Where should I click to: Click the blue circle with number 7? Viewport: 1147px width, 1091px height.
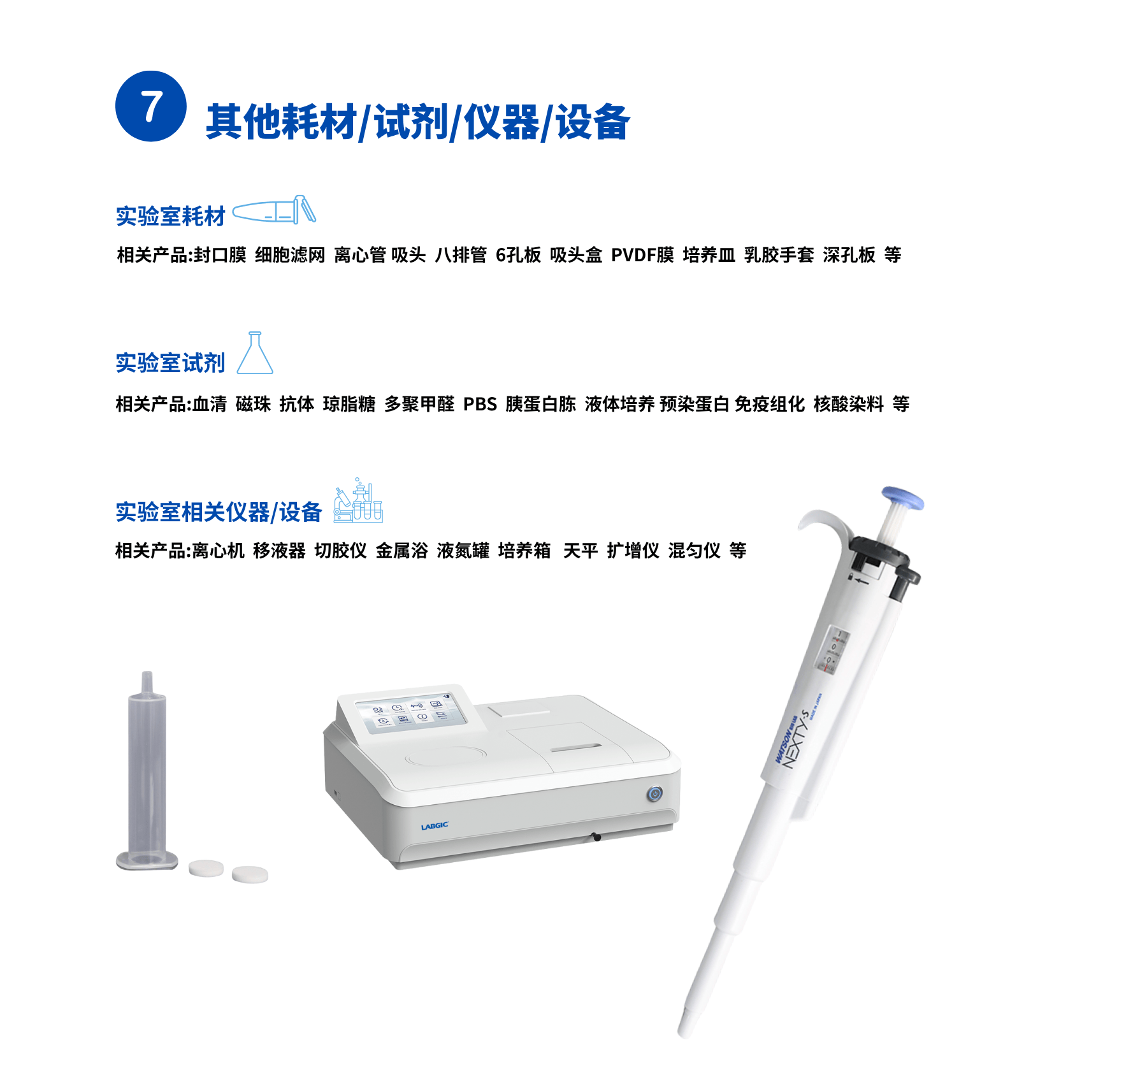(x=150, y=106)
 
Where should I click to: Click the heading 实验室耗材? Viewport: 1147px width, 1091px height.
(x=170, y=217)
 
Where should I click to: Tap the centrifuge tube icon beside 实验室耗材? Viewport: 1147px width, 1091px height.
(x=274, y=210)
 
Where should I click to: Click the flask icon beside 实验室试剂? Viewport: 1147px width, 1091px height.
(x=255, y=354)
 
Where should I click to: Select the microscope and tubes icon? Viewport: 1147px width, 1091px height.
(x=358, y=502)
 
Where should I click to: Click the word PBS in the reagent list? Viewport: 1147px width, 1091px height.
(x=479, y=404)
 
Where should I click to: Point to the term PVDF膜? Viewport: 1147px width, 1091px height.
(x=642, y=255)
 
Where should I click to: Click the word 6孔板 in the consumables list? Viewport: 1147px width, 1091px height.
(x=518, y=255)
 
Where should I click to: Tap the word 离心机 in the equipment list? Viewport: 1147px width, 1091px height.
(x=218, y=551)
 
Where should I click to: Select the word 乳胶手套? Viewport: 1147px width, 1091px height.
(x=779, y=255)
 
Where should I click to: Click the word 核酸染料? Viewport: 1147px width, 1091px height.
(x=848, y=404)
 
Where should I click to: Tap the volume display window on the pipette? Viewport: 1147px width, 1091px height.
(x=832, y=650)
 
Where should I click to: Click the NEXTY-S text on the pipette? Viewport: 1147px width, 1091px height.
(x=796, y=739)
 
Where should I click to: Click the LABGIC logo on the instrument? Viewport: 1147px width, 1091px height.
(x=434, y=826)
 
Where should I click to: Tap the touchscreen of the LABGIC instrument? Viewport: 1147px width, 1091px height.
(x=410, y=713)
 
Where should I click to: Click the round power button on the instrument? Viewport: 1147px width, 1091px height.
(x=654, y=794)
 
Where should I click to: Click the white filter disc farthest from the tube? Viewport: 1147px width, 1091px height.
(x=250, y=874)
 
